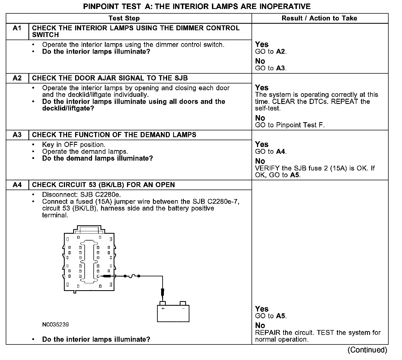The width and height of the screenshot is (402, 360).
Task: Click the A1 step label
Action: (17, 28)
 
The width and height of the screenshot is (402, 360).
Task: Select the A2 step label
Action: (17, 78)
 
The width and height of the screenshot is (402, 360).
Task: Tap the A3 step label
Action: (17, 135)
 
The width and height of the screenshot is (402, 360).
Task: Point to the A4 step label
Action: (17, 185)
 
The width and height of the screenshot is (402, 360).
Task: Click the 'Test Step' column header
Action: (124, 18)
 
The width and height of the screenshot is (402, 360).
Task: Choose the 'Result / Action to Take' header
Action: (319, 18)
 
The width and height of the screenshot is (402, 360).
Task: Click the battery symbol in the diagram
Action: (173, 313)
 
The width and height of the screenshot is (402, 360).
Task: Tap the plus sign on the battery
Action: (163, 308)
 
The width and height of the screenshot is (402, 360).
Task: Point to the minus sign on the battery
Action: (183, 308)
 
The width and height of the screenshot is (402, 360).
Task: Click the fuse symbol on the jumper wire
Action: (132, 276)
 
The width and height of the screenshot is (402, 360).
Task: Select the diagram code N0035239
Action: (55, 325)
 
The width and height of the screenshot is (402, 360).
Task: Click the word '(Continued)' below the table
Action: (367, 350)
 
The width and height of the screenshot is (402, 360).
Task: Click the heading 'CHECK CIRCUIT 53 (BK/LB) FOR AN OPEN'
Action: (103, 185)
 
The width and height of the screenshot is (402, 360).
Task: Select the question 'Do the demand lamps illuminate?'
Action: (97, 158)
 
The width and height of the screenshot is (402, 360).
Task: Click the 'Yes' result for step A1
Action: (262, 44)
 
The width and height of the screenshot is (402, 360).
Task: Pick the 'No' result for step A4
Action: (260, 325)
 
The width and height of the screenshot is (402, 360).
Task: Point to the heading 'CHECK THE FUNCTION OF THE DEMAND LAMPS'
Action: (114, 135)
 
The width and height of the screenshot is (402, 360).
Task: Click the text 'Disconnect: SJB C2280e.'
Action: (81, 195)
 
